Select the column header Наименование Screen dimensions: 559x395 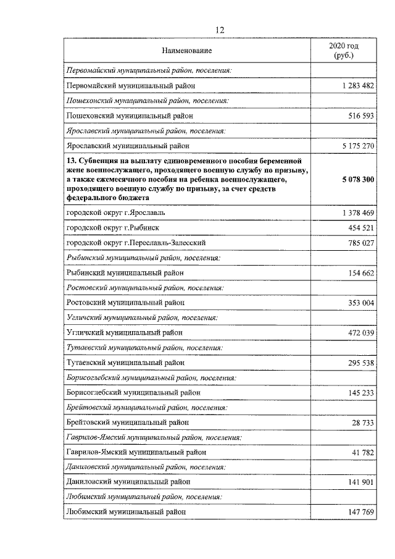point(187,50)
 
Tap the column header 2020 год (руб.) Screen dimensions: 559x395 point(344,50)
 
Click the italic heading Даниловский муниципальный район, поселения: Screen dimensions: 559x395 point(144,468)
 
